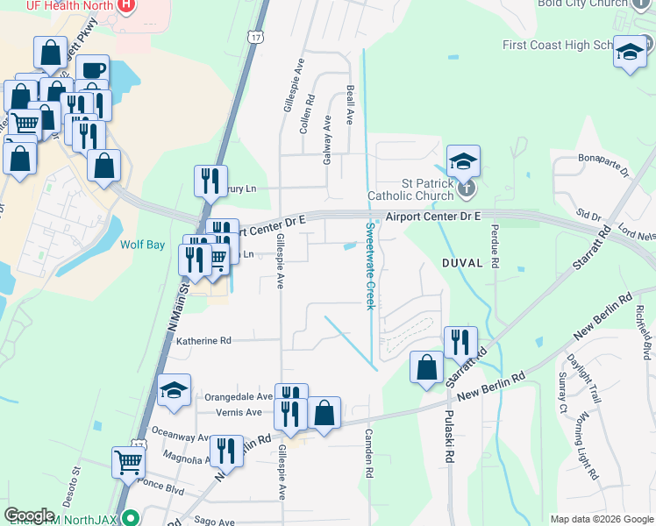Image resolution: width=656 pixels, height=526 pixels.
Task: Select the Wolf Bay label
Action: coord(143,245)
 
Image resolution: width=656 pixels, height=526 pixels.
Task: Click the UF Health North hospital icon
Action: coord(125,4)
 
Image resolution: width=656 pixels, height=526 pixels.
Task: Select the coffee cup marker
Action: coord(92,69)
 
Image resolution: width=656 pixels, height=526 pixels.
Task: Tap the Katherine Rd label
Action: coord(203,340)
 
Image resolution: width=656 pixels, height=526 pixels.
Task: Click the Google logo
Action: coord(30,515)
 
